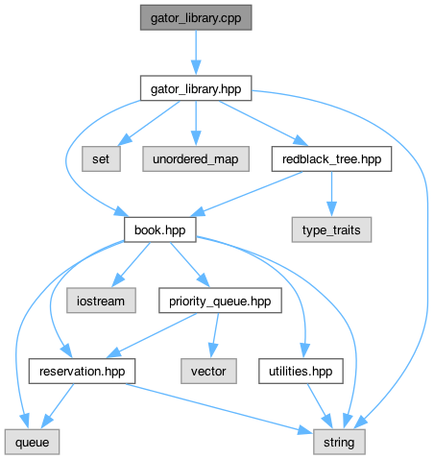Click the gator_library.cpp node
coord(196,17)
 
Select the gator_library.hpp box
coord(196,88)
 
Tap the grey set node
coord(101,158)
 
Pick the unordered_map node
coord(196,158)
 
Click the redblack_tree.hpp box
coord(331,158)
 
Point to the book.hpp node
coord(160,229)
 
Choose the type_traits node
coord(331,229)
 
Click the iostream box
coord(101,301)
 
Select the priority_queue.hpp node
coord(220,301)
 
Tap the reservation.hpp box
coord(82,372)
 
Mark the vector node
coord(208,372)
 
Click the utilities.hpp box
coord(301,372)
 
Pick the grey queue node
coord(32,442)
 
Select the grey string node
coord(339,442)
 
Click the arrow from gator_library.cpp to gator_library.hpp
coord(196,53)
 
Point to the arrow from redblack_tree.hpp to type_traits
coord(331,194)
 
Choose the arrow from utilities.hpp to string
coord(320,406)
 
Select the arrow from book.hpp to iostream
coord(131,265)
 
